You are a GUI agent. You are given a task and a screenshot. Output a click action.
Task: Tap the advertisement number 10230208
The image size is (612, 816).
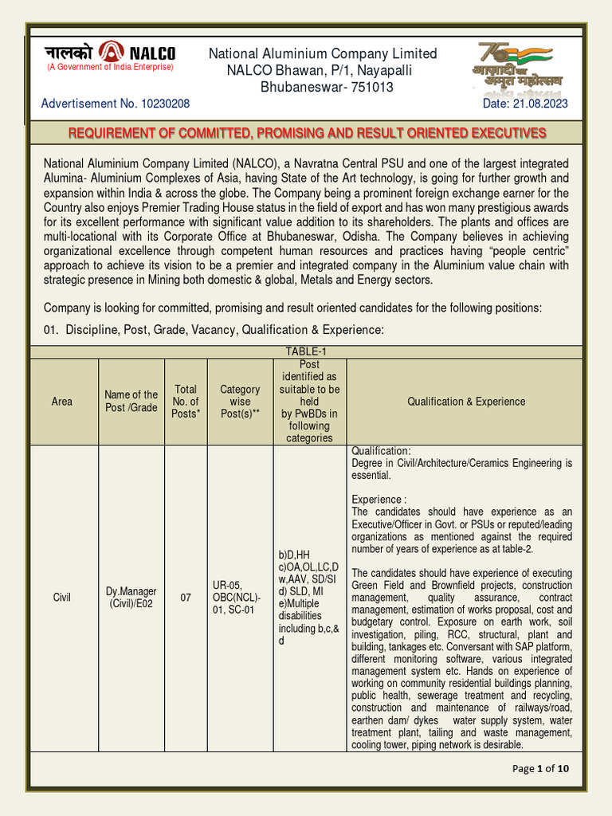[x=162, y=104]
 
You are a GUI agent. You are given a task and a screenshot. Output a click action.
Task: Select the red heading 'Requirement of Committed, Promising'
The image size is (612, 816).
[x=307, y=132]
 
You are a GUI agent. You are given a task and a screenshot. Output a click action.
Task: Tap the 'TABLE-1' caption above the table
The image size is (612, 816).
[x=307, y=351]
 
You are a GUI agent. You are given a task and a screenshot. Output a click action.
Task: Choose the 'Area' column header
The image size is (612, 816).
[x=62, y=402]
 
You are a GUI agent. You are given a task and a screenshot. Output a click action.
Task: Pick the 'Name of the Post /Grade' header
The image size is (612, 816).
[x=131, y=401]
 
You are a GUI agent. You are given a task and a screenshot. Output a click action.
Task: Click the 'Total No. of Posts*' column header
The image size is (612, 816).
[x=186, y=401]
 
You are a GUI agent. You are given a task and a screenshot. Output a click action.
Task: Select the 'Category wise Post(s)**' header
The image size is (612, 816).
[x=240, y=401]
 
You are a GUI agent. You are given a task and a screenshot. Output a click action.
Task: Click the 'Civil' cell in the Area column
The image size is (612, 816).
[x=62, y=596]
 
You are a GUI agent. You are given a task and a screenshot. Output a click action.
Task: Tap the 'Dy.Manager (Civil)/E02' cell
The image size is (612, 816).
[x=131, y=596]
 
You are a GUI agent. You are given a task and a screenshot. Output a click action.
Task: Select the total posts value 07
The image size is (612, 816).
[x=186, y=596]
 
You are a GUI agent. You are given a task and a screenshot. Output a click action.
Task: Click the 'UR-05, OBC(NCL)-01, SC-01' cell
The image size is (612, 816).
[x=237, y=596]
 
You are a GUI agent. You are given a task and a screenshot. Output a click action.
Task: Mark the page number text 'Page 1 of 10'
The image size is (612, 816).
[x=541, y=768]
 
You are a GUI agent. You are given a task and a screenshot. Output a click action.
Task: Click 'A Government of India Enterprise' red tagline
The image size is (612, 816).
[x=110, y=67]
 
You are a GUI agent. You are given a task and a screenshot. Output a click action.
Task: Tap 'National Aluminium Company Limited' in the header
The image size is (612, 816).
[x=323, y=53]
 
